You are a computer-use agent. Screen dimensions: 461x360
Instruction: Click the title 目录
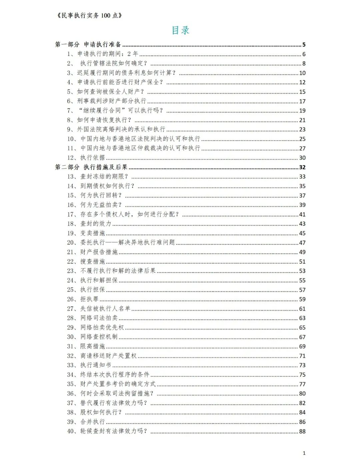tap(180, 30)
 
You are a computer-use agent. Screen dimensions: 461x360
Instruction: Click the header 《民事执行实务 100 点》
tap(89, 15)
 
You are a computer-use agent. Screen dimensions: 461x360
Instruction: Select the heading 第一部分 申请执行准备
tap(88, 44)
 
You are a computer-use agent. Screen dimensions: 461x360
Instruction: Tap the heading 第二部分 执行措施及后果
tap(91, 167)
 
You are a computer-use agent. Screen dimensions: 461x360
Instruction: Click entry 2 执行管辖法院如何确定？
tap(113, 63)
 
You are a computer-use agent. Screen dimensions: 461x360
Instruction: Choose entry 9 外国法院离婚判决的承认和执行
tap(121, 129)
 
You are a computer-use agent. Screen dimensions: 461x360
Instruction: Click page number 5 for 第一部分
tap(304, 45)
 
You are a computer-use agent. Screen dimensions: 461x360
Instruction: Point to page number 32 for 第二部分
tap(302, 167)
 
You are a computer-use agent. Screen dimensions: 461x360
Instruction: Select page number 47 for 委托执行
tap(302, 243)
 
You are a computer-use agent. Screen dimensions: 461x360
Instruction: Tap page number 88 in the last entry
tap(302, 431)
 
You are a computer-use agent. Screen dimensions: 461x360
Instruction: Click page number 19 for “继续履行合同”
tap(302, 111)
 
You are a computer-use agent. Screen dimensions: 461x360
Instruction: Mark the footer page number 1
tap(304, 453)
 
